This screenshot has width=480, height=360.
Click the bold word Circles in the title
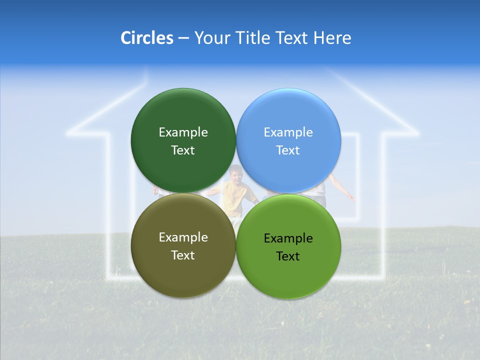click(x=146, y=38)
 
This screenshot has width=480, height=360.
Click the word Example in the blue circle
click(x=288, y=132)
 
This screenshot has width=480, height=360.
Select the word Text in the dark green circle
click(x=183, y=150)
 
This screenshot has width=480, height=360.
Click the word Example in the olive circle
click(x=183, y=237)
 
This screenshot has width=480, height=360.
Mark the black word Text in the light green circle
click(x=288, y=256)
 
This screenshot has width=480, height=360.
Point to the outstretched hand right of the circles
click(x=350, y=198)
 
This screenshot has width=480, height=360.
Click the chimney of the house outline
click(x=146, y=75)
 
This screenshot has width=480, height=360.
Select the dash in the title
click(x=183, y=38)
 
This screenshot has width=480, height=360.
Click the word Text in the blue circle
click(x=288, y=150)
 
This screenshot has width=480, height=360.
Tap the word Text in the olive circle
click(x=183, y=255)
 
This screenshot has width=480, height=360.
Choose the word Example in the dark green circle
click(x=183, y=132)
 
